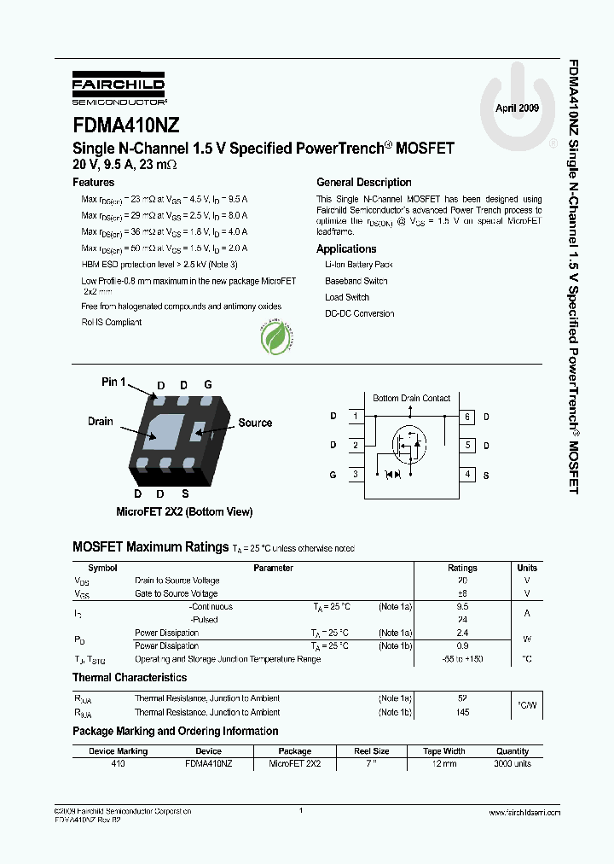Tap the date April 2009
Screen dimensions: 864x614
pyautogui.click(x=517, y=108)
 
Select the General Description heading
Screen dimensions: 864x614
pyautogui.click(x=363, y=183)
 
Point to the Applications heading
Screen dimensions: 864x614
pyautogui.click(x=346, y=249)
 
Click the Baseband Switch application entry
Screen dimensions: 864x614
pyautogui.click(x=356, y=281)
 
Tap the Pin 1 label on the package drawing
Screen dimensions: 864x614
pyautogui.click(x=114, y=382)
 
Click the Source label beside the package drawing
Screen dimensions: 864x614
pyautogui.click(x=255, y=423)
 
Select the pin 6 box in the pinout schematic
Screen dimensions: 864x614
pyautogui.click(x=467, y=417)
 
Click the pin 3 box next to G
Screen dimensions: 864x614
pyautogui.click(x=354, y=475)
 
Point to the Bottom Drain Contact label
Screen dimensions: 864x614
pyautogui.click(x=411, y=398)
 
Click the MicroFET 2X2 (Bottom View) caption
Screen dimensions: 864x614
pyautogui.click(x=184, y=512)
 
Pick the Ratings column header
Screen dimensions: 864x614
pyautogui.click(x=462, y=568)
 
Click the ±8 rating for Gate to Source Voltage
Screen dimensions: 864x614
pyautogui.click(x=462, y=593)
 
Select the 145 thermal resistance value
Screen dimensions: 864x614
pyautogui.click(x=462, y=712)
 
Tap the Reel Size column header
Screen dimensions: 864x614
pyautogui.click(x=372, y=751)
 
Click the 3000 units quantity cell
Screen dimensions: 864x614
pyautogui.click(x=512, y=763)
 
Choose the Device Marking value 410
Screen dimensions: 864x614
pyautogui.click(x=118, y=763)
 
